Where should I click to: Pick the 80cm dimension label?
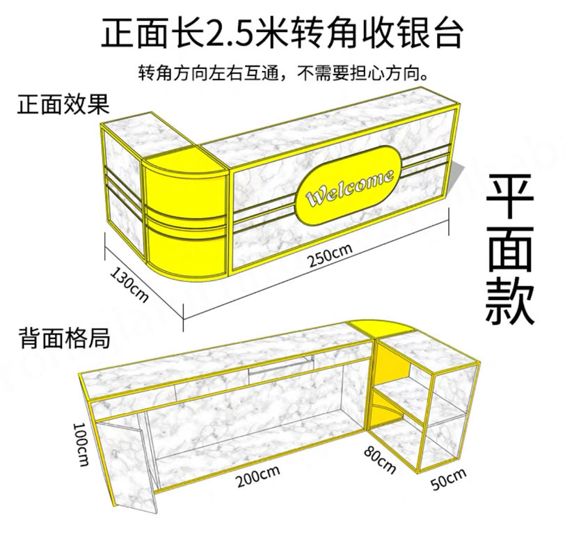pyautogui.click(x=380, y=459)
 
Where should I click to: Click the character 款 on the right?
pyautogui.click(x=510, y=300)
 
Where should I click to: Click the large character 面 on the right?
pyautogui.click(x=510, y=248)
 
